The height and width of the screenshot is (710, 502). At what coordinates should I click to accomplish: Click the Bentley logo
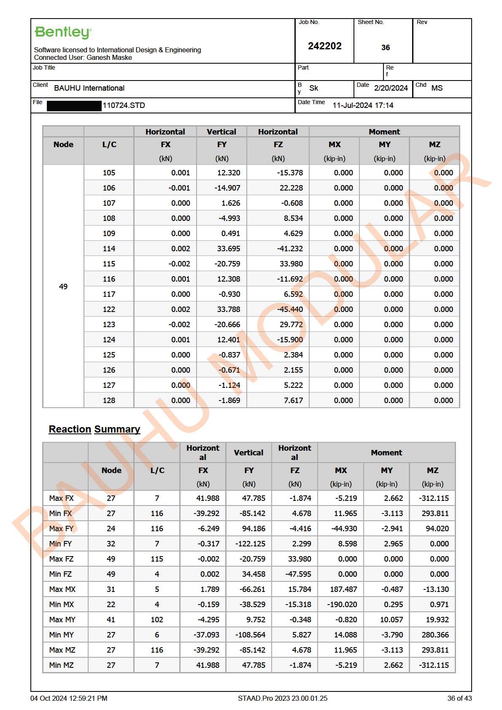[x=63, y=32]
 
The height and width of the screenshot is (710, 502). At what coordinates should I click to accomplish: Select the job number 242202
[x=324, y=46]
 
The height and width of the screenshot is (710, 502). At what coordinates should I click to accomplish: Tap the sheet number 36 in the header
[x=385, y=48]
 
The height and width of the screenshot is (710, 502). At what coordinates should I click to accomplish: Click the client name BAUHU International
[x=89, y=88]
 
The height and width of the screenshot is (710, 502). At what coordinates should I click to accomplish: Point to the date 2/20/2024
[x=391, y=88]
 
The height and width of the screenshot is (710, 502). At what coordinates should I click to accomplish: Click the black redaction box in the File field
[x=74, y=105]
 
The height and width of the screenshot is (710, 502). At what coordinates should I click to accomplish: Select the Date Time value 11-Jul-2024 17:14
[x=363, y=105]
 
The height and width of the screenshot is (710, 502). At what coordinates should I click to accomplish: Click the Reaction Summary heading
[x=94, y=429]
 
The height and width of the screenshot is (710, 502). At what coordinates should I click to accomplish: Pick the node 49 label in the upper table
[x=63, y=287]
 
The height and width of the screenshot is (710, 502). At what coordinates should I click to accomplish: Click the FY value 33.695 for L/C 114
[x=228, y=249]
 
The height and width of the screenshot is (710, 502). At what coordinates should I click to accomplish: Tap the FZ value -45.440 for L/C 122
[x=290, y=309]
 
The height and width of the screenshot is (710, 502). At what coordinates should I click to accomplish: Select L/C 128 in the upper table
[x=109, y=401]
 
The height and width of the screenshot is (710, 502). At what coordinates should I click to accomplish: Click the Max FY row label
[x=62, y=529]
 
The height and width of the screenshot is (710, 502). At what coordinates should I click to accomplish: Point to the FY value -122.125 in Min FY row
[x=250, y=544]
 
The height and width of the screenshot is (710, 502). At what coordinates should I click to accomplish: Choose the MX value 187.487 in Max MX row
[x=343, y=589]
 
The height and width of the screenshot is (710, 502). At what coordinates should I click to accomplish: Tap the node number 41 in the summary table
[x=111, y=620]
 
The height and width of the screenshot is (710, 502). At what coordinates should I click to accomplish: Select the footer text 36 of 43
[x=459, y=698]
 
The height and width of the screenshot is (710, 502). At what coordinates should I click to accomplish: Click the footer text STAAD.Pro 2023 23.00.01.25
[x=282, y=698]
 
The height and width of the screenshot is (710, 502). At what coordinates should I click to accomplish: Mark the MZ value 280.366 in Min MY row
[x=435, y=635]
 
